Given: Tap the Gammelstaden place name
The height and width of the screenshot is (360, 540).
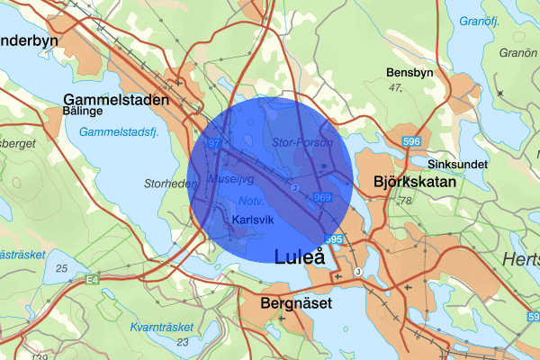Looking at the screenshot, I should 116,101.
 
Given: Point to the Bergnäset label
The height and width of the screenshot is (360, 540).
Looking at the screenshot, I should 295,304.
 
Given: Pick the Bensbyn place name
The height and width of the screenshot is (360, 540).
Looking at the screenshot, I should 409,72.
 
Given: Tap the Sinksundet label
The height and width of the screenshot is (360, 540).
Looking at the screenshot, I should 457,165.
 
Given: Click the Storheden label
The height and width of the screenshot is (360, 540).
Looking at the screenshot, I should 170,184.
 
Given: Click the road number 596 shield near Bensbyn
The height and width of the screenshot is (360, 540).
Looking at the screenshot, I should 412,142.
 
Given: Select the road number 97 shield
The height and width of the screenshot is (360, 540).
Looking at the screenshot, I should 213,143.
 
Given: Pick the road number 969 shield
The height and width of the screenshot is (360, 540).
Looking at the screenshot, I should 323,197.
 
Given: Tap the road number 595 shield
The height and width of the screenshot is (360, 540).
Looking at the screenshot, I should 334,239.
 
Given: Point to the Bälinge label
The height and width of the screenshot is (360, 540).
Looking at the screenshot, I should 85,112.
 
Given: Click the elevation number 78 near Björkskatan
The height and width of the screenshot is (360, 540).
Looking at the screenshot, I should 404,200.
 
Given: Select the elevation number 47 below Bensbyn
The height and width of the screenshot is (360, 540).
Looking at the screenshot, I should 393,87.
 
